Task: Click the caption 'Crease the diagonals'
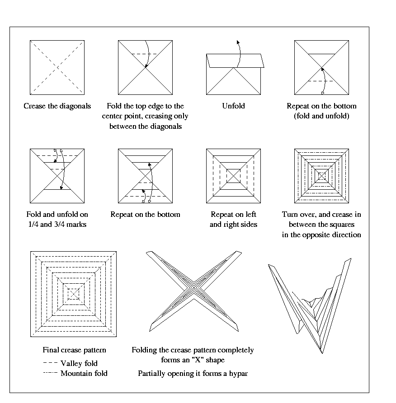[x=57, y=107]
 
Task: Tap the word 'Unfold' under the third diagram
[x=233, y=106]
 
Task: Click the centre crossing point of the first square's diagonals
[x=57, y=68]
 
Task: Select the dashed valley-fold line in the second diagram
[x=144, y=54]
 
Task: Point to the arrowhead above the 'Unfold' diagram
[x=238, y=41]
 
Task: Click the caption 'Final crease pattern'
[x=74, y=350]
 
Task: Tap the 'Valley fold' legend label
[x=79, y=363]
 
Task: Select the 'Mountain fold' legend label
[x=84, y=374]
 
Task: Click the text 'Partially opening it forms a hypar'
[x=193, y=374]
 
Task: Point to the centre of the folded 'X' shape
[x=193, y=288]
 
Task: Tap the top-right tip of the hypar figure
[x=350, y=259]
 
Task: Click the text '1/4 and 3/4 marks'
[x=57, y=225]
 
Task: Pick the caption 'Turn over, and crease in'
[x=321, y=215]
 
